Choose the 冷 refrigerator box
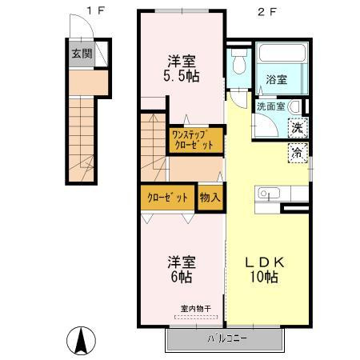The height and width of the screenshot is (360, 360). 297,153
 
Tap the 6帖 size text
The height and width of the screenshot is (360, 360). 180,278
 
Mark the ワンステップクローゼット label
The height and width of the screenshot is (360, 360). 193,141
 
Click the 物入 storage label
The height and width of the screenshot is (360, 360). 210,197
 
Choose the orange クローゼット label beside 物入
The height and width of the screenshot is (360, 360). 168,197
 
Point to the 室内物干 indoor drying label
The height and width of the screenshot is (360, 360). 195,309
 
